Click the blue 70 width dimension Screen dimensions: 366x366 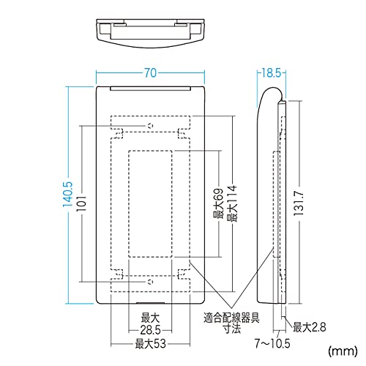[150, 73]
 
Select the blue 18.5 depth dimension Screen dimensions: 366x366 [272, 73]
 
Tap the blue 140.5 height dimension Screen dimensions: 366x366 [68, 195]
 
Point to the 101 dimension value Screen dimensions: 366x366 [82, 203]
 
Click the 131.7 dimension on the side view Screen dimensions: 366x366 [299, 203]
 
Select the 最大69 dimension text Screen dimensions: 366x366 [218, 203]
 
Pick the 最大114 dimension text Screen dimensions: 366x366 [231, 203]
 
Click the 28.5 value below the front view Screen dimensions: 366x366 [150, 330]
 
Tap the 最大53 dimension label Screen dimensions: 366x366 [151, 344]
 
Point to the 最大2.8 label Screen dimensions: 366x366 [309, 327]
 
